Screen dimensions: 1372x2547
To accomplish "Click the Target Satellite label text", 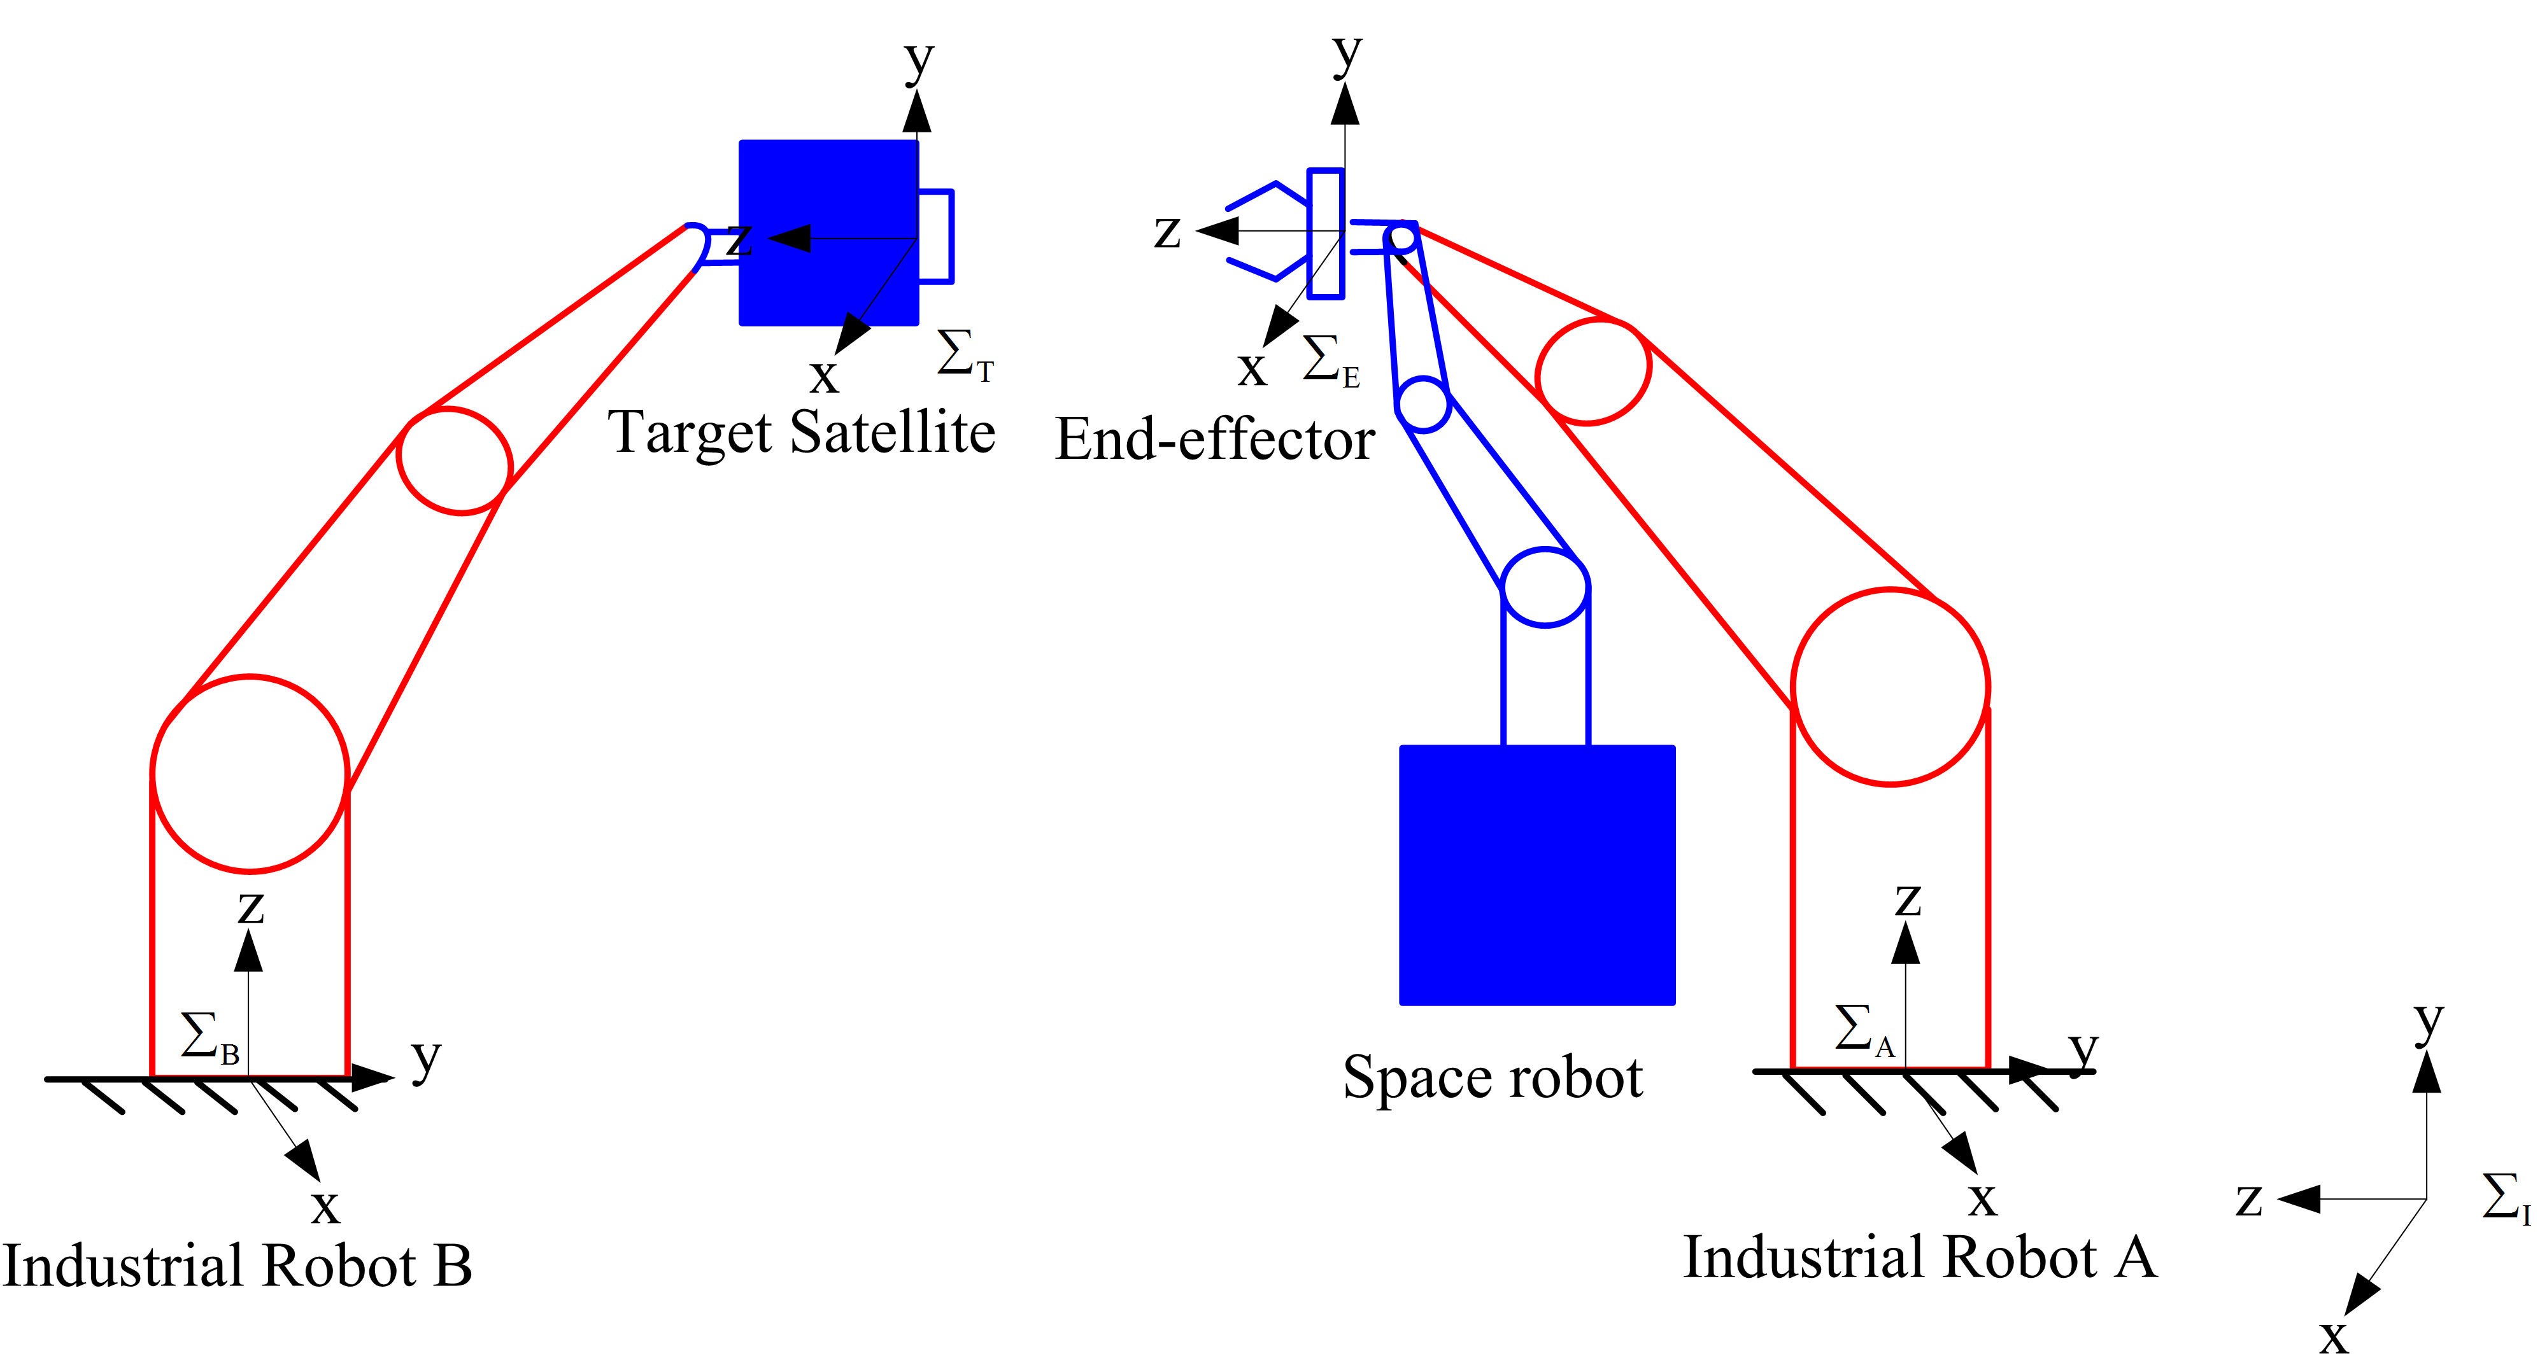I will coord(801,433).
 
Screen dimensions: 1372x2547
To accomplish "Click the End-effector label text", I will coord(1214,439).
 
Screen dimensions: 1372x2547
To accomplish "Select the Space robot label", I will coord(1492,1077).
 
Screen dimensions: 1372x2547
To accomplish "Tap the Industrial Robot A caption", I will coord(1919,1257).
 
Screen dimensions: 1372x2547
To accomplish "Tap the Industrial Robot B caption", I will coord(238,1266).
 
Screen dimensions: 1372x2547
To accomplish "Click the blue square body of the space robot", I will coord(1536,875).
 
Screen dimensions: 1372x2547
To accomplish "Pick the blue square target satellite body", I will coord(828,232).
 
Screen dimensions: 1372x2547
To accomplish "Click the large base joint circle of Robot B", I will coord(250,774).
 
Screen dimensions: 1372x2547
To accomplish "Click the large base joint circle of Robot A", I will coord(1889,687).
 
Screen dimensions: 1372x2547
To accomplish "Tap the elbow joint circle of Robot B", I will coord(455,461).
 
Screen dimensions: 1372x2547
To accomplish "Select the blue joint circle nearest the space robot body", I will coord(1544,588).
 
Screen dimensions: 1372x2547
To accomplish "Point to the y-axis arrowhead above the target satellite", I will coord(916,111).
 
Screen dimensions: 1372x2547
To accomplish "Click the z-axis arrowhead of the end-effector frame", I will coord(1217,231).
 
